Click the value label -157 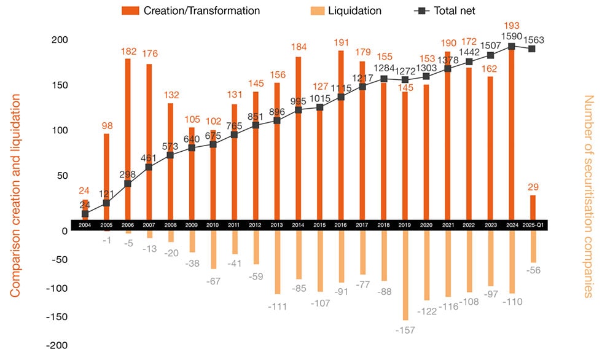point(405,330)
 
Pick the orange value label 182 point(128,49)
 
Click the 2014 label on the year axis point(299,225)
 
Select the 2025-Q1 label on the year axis point(533,225)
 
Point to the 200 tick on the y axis point(59,40)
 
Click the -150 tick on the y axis point(57,316)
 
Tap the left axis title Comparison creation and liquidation point(16,195)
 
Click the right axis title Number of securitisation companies point(588,195)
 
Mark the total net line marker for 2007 point(149,167)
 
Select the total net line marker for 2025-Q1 point(533,49)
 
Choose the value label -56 point(533,271)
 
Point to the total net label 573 point(170,146)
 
